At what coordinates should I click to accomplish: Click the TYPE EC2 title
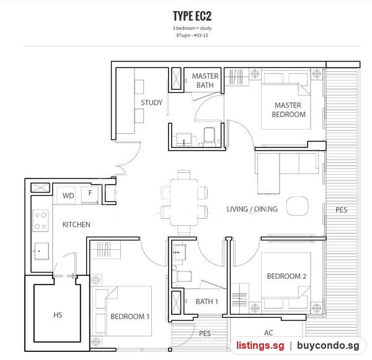coord(192,16)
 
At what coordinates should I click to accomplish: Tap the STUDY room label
coord(152,103)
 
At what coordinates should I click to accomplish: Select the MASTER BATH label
coord(205,81)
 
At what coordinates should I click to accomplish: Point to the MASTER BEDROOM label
coord(288,110)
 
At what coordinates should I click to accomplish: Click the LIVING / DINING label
coord(252,209)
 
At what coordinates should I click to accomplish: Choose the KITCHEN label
coord(76,224)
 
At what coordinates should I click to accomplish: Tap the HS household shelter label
coord(58,315)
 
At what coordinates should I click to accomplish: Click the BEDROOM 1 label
coord(130,317)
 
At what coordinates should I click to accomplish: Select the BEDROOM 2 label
coord(286,276)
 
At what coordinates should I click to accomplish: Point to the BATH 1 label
coord(206,301)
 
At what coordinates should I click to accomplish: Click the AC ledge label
coord(268,333)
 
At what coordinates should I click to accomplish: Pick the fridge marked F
coord(90,195)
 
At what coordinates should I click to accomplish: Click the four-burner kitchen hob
coord(40,221)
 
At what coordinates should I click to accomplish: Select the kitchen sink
coord(42,251)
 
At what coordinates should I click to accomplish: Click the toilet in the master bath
coord(208,137)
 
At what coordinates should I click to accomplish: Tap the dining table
coord(184,203)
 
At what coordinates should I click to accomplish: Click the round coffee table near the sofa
coord(297,206)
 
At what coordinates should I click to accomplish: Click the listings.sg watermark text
coord(260,345)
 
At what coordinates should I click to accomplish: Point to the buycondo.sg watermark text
coord(328,345)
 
